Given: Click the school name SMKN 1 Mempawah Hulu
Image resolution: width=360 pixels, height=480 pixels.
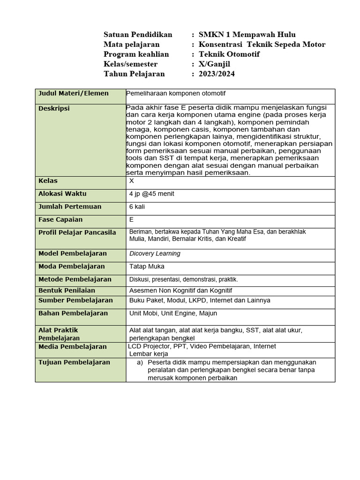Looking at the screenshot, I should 247,35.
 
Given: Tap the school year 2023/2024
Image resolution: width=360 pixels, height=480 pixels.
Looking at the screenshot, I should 217,74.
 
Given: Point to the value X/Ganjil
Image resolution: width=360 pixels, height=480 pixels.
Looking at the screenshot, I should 218,64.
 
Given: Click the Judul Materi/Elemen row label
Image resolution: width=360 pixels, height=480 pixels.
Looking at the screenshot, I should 73,93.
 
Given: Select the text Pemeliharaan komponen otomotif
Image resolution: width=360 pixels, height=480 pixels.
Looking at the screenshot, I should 176,93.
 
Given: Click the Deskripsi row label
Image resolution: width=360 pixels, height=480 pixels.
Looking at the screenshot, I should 54,108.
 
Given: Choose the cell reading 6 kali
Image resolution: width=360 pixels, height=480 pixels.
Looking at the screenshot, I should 138,207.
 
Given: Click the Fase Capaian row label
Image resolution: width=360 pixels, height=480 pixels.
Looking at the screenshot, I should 60,219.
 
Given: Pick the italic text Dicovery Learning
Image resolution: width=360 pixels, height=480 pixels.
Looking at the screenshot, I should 155,254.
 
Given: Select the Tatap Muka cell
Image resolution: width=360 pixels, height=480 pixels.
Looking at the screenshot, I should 147,267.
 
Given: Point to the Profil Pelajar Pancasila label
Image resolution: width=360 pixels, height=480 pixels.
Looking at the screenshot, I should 77,232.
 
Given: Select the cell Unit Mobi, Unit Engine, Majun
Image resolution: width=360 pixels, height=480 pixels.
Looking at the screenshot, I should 173,313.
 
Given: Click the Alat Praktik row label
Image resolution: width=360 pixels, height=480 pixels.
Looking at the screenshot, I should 58,330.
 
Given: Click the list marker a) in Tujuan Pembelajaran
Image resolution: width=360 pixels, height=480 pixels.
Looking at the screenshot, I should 140,362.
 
